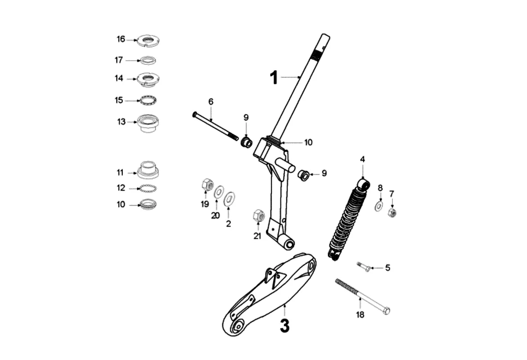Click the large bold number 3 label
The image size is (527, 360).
(x=284, y=326)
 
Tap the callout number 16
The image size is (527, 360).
(x=121, y=39)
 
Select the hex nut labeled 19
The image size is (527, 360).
(x=207, y=184)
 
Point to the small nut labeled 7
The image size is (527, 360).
(x=392, y=212)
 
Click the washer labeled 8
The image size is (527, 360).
(x=379, y=206)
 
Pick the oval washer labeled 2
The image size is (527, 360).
(x=230, y=197)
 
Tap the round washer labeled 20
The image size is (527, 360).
(x=219, y=192)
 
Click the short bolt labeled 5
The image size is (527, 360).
(x=364, y=267)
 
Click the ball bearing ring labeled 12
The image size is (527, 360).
(x=147, y=188)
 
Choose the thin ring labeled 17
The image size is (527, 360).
(x=147, y=60)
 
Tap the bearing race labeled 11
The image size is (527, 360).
(x=147, y=170)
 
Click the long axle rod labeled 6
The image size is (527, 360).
(x=215, y=126)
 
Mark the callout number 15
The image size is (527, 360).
(x=119, y=100)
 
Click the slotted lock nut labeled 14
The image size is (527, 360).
(x=147, y=79)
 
